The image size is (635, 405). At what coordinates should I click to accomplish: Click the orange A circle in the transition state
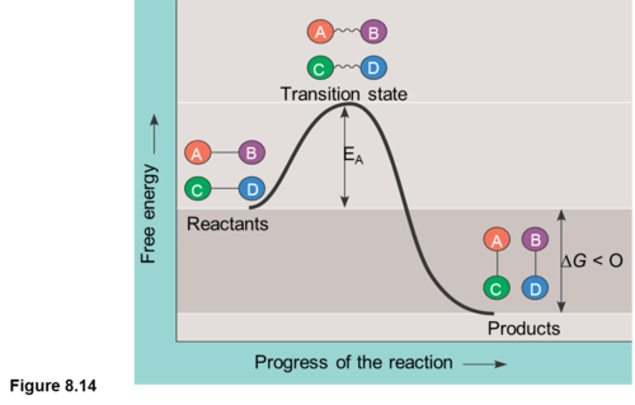(321, 32)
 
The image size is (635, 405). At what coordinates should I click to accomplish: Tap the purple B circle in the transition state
(374, 32)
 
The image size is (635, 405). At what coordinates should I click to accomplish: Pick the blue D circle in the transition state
(374, 68)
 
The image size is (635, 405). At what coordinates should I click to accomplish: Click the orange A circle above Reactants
(197, 153)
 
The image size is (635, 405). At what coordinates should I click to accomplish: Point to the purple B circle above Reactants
(251, 153)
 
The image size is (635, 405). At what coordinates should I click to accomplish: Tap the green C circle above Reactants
(198, 189)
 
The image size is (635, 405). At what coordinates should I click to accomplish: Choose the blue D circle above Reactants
(252, 189)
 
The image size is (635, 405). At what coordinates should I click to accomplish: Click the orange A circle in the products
(497, 240)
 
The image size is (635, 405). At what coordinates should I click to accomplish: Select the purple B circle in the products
(535, 240)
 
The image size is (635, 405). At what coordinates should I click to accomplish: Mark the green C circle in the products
(497, 289)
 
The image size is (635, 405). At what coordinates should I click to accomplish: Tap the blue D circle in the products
(535, 289)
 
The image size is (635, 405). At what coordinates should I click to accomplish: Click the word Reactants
(228, 224)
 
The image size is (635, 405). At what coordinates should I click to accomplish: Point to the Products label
(524, 329)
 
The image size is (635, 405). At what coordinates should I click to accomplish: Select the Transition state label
(344, 94)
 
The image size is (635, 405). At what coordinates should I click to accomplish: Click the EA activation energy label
(353, 155)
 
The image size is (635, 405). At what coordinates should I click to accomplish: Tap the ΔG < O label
(592, 261)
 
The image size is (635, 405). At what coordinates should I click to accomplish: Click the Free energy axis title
(149, 214)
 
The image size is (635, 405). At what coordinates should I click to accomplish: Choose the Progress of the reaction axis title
(354, 363)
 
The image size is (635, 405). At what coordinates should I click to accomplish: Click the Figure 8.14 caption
(53, 386)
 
